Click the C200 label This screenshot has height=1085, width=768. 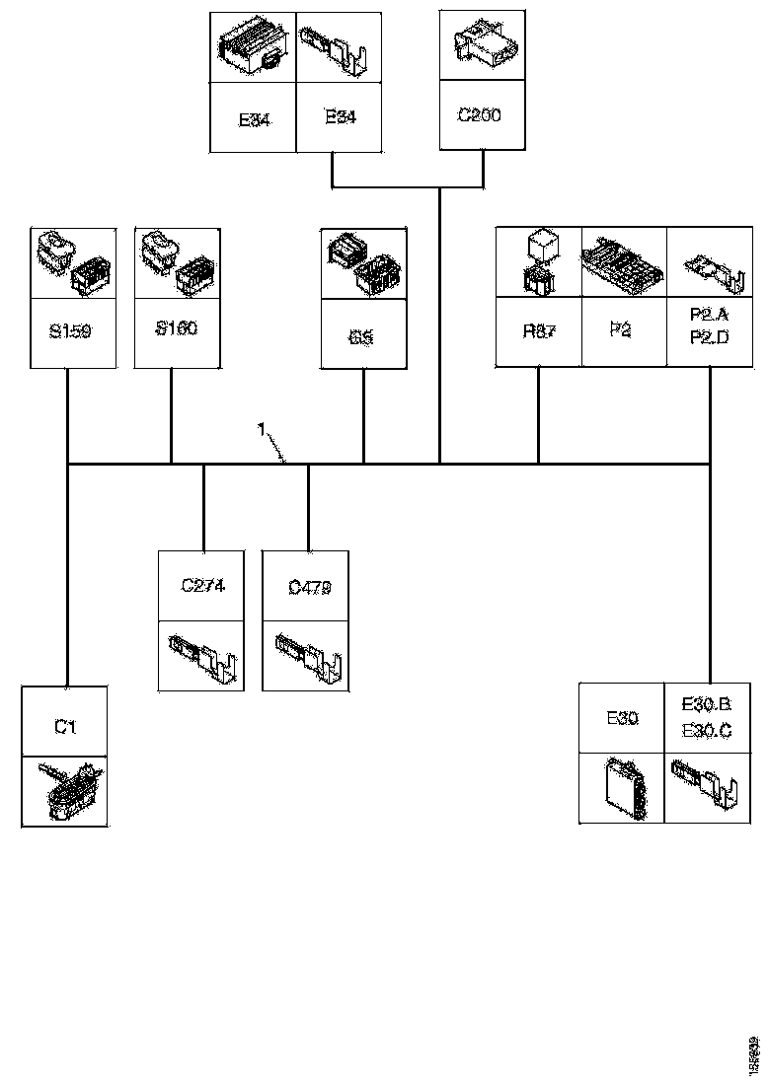click(x=480, y=115)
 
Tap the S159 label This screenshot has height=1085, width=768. click(x=69, y=331)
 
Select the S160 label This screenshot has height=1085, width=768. click(x=176, y=328)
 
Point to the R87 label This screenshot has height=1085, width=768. click(x=539, y=331)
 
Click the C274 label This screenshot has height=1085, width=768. click(x=203, y=585)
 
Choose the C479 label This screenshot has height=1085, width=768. click(x=309, y=587)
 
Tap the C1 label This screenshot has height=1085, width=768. click(x=65, y=727)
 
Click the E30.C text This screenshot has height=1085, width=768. click(x=706, y=730)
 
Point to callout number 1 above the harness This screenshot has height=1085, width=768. click(x=261, y=429)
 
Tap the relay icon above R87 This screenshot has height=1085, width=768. click(x=539, y=261)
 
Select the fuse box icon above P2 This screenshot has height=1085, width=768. click(x=623, y=262)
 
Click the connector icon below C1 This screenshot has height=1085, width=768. click(x=65, y=791)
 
